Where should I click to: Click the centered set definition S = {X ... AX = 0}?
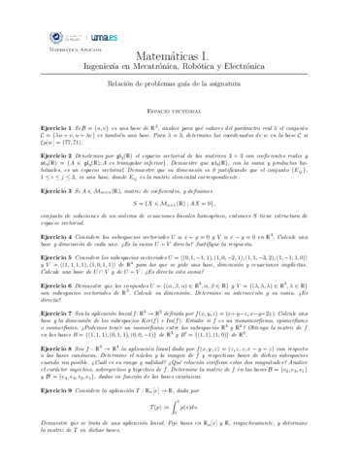pyautogui.click(x=180, y=209)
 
